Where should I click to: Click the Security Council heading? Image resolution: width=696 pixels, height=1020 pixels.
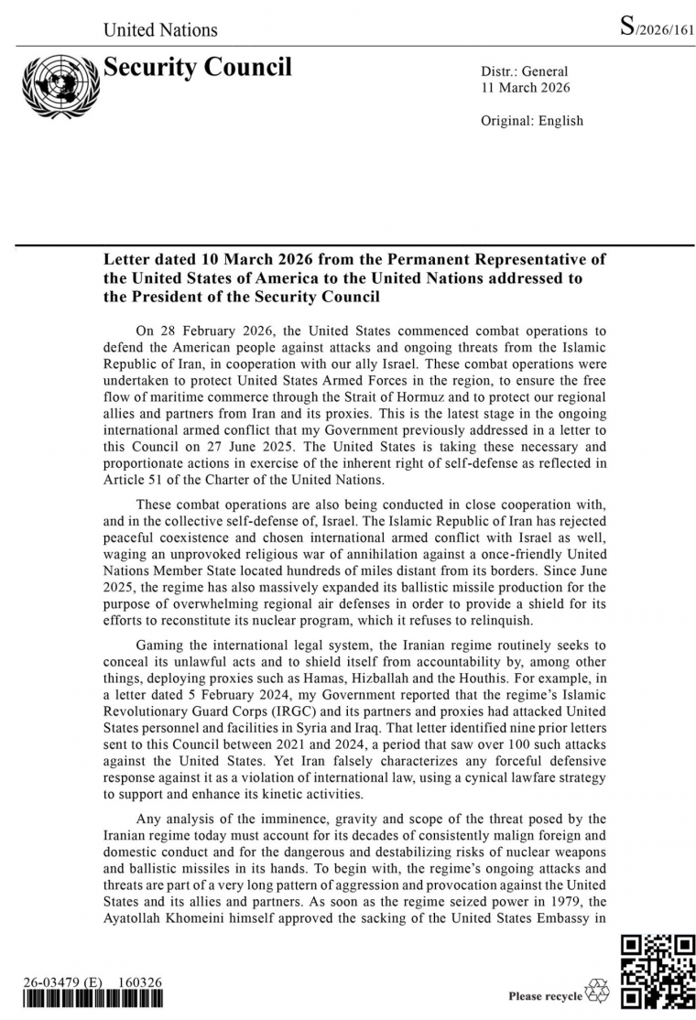click(197, 68)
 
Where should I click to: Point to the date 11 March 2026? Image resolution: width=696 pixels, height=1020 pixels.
click(525, 88)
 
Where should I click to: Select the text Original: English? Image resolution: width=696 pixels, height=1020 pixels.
click(531, 121)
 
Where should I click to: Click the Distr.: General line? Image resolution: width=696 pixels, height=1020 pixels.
click(524, 71)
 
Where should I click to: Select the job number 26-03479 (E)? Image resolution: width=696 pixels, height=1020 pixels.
click(62, 982)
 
